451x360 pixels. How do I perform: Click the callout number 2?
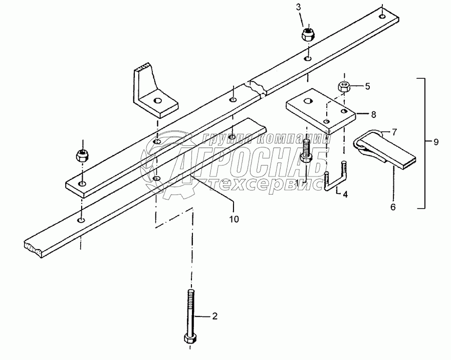tap(214, 316)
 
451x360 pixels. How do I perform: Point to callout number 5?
tap(367, 86)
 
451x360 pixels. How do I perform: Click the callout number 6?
tap(392, 206)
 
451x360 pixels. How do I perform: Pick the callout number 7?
tap(394, 132)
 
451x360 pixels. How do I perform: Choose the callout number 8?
tap(373, 114)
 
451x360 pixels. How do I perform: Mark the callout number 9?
tap(436, 142)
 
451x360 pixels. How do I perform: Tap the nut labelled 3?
tap(308, 35)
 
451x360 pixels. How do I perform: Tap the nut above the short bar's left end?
tap(81, 154)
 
